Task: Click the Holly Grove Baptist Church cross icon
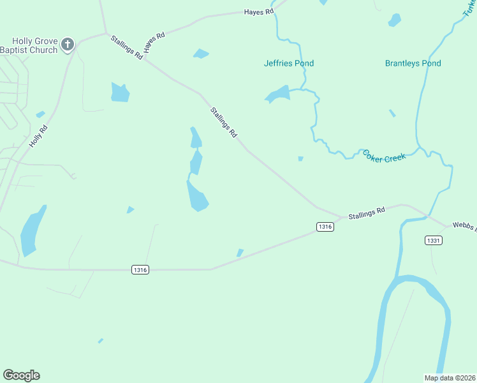click(68, 45)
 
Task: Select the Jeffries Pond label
click(289, 63)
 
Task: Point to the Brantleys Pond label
click(413, 63)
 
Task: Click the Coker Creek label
click(384, 156)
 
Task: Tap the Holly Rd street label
click(38, 137)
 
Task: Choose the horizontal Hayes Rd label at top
click(259, 11)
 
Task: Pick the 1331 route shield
click(433, 240)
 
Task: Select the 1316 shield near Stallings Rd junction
click(325, 227)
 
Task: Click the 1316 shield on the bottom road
click(140, 270)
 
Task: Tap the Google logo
click(21, 375)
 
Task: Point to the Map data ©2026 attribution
click(450, 377)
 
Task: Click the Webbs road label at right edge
click(464, 225)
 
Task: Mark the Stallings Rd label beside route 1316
click(367, 213)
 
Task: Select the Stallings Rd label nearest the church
click(126, 48)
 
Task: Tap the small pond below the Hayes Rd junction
click(201, 54)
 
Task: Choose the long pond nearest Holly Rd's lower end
click(32, 231)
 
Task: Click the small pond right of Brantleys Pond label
click(395, 20)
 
